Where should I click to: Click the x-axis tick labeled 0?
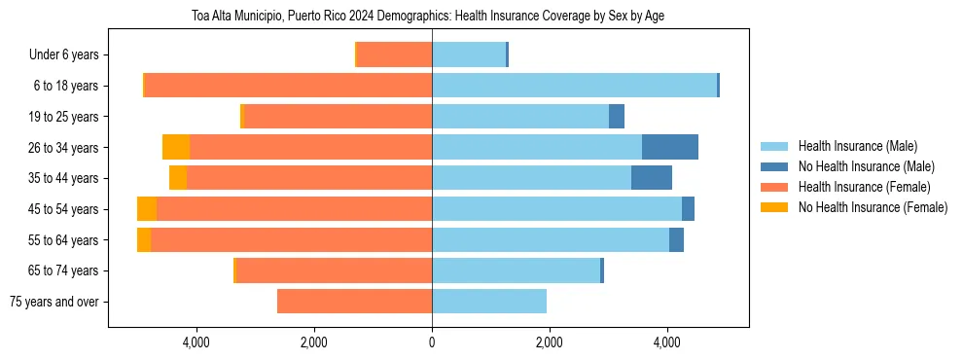[x=432, y=342]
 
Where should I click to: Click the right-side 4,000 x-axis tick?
[x=667, y=342]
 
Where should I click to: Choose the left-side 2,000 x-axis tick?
[x=314, y=342]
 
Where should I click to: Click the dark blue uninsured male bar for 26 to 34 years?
[x=670, y=147]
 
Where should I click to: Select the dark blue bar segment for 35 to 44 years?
[x=652, y=178]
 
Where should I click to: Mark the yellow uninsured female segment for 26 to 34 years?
[x=176, y=147]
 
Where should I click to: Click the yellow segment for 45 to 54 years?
[x=147, y=209]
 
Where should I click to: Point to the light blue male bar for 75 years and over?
[x=489, y=302]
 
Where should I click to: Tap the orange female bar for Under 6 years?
[x=395, y=54]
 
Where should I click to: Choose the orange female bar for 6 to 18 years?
[x=288, y=86]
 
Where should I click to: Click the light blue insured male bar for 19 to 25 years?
[x=520, y=117]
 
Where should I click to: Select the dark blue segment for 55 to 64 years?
[x=676, y=240]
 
